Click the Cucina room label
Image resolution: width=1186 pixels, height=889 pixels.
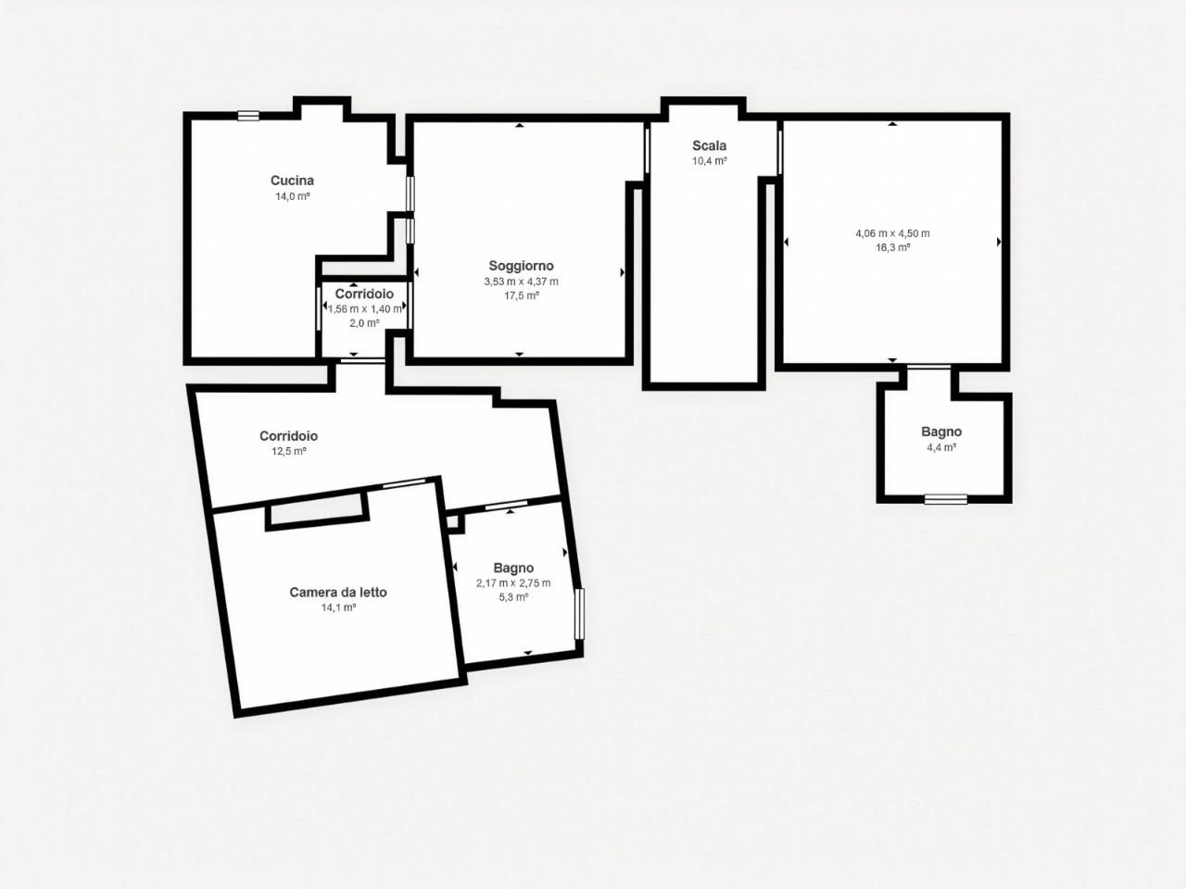[292, 181]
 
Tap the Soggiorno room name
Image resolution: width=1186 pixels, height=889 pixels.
[521, 266]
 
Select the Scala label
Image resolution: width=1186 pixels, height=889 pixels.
[710, 145]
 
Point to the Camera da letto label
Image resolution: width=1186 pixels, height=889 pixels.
[338, 592]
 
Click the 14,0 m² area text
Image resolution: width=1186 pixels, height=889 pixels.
[293, 196]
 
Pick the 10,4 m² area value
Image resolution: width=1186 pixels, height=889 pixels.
[710, 161]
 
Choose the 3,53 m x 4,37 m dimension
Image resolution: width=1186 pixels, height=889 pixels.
[522, 282]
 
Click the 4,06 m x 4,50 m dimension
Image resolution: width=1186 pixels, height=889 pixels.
[892, 233]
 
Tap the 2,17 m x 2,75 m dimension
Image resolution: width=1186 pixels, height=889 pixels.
[513, 583]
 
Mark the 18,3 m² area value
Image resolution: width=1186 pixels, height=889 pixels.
[893, 248]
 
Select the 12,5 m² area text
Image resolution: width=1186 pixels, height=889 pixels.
[289, 451]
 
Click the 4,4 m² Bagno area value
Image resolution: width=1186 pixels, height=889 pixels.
[941, 447]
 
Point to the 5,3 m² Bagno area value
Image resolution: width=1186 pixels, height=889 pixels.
[513, 597]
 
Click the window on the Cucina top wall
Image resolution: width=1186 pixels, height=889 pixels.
[248, 116]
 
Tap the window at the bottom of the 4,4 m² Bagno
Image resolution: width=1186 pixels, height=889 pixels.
[946, 499]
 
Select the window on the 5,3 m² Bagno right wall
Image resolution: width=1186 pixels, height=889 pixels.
[579, 614]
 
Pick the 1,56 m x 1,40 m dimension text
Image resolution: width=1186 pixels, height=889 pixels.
[365, 309]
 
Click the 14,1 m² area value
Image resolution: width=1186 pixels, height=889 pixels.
[339, 607]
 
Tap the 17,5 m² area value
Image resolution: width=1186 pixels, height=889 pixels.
[522, 295]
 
